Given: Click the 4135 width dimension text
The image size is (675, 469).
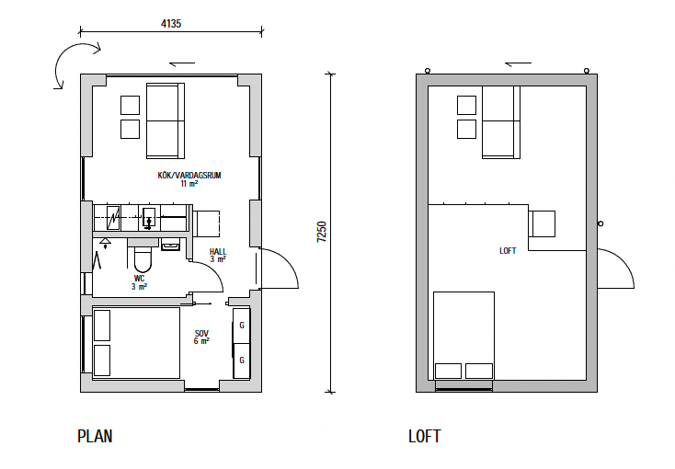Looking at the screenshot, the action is pyautogui.click(x=171, y=24).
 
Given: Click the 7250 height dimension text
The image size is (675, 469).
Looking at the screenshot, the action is pyautogui.click(x=322, y=232).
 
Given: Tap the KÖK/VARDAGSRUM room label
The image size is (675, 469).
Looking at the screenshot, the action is pyautogui.click(x=189, y=176).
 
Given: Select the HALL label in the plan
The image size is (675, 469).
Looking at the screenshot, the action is pyautogui.click(x=218, y=251).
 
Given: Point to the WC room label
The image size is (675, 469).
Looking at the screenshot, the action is pyautogui.click(x=139, y=279).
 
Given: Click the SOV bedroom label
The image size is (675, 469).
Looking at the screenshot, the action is pyautogui.click(x=201, y=333).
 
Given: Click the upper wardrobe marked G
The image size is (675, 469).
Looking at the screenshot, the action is pyautogui.click(x=242, y=326).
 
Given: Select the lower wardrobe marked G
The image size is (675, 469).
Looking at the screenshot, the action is pyautogui.click(x=242, y=360).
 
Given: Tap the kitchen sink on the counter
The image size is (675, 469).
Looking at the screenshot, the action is pyautogui.click(x=149, y=218).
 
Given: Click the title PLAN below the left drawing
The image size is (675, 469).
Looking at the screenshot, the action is pyautogui.click(x=95, y=436).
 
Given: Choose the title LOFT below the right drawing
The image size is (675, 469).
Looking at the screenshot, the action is pyautogui.click(x=425, y=436).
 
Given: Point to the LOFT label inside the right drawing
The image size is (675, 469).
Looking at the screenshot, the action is pyautogui.click(x=508, y=251).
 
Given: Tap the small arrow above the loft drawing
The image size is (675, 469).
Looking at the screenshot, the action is pyautogui.click(x=518, y=63).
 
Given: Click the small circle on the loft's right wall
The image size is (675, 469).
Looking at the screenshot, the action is pyautogui.click(x=601, y=223).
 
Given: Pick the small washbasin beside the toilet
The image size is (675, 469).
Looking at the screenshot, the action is pyautogui.click(x=170, y=245).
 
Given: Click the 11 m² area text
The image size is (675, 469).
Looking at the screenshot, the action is pyautogui.click(x=189, y=184).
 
